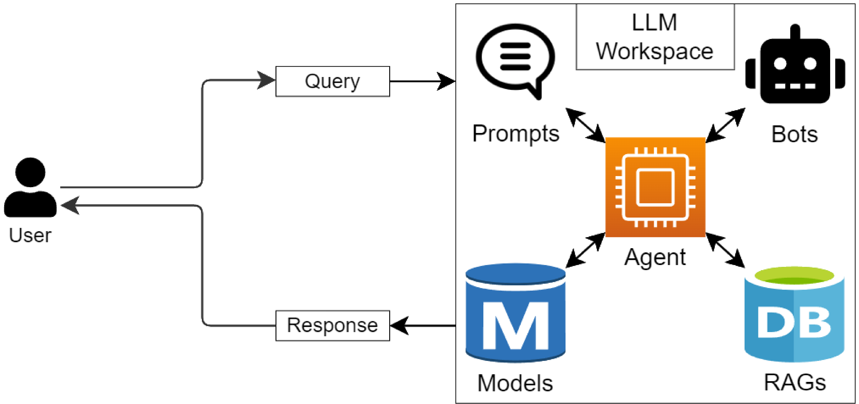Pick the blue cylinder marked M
pyautogui.click(x=515, y=313)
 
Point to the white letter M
pyautogui.click(x=515, y=326)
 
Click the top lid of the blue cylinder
pyautogui.click(x=515, y=274)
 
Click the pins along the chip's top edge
pyautogui.click(x=655, y=151)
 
